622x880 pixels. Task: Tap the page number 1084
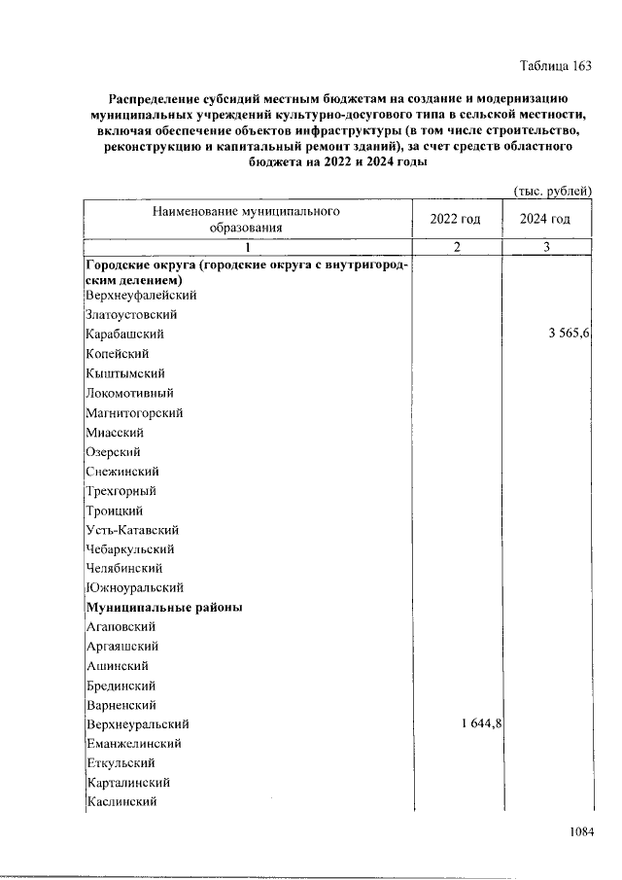(577, 832)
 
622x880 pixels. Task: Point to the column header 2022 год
(455, 219)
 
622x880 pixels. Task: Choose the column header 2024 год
(545, 219)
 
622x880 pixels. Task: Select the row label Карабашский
(124, 334)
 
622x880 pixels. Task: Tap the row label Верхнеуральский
(137, 724)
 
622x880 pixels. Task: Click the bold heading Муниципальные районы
(164, 608)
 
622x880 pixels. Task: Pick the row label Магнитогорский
(134, 412)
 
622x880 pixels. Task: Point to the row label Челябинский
(123, 569)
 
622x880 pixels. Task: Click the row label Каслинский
(121, 802)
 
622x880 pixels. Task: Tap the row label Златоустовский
(130, 315)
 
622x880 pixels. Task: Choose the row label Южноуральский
(134, 588)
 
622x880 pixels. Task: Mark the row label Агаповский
(121, 627)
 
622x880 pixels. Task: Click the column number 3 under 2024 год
(546, 247)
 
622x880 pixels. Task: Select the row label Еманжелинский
(134, 744)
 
